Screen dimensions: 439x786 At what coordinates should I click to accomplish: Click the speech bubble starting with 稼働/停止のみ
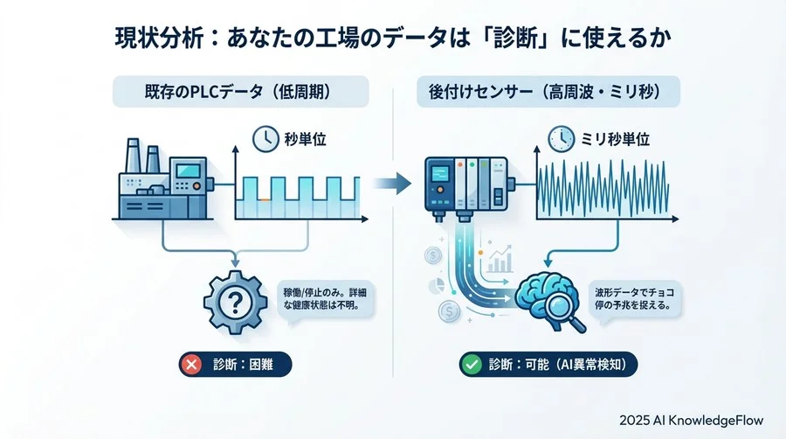click(323, 300)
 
